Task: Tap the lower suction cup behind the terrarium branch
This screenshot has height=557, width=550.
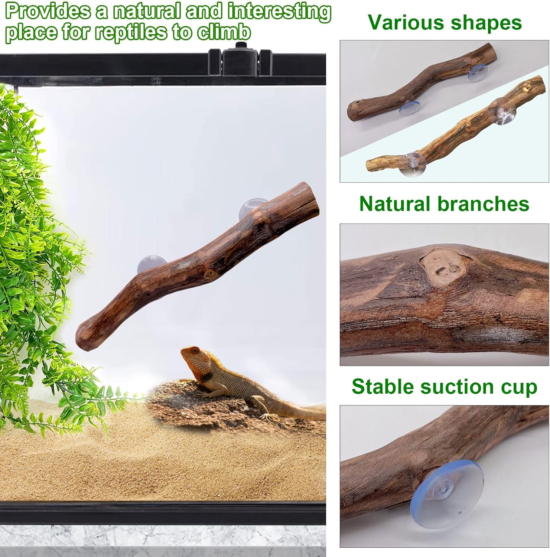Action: point(149,263)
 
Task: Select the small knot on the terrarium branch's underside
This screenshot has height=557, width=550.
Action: point(211,275)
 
